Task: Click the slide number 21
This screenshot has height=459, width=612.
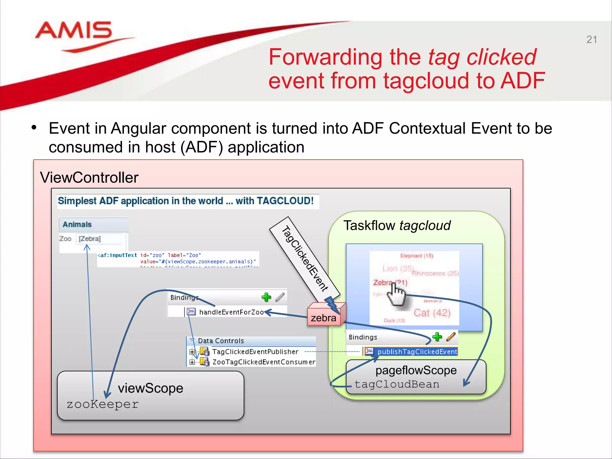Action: pyautogui.click(x=591, y=39)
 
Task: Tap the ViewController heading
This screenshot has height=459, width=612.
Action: pyautogui.click(x=89, y=178)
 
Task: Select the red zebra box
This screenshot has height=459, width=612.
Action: pyautogui.click(x=324, y=318)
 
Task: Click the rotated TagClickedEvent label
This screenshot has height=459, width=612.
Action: pyautogui.click(x=305, y=259)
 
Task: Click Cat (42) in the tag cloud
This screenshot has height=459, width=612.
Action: pyautogui.click(x=432, y=313)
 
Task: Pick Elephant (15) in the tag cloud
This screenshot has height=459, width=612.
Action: pyautogui.click(x=417, y=255)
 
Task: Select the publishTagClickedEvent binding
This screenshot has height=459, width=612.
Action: pyautogui.click(x=417, y=351)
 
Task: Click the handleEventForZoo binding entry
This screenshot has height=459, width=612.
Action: pyautogui.click(x=231, y=312)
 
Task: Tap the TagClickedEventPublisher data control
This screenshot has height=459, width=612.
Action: pyautogui.click(x=255, y=351)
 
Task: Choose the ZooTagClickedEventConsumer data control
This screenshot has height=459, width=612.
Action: pyautogui.click(x=264, y=362)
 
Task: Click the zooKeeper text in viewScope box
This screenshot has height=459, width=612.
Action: pyautogui.click(x=102, y=404)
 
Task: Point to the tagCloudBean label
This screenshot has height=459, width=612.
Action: pyautogui.click(x=397, y=384)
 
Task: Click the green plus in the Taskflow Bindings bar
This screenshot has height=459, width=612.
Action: pyautogui.click(x=437, y=337)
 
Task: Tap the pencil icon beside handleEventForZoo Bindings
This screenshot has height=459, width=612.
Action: pyautogui.click(x=280, y=297)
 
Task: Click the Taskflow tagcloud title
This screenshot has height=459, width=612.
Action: pyautogui.click(x=397, y=225)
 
